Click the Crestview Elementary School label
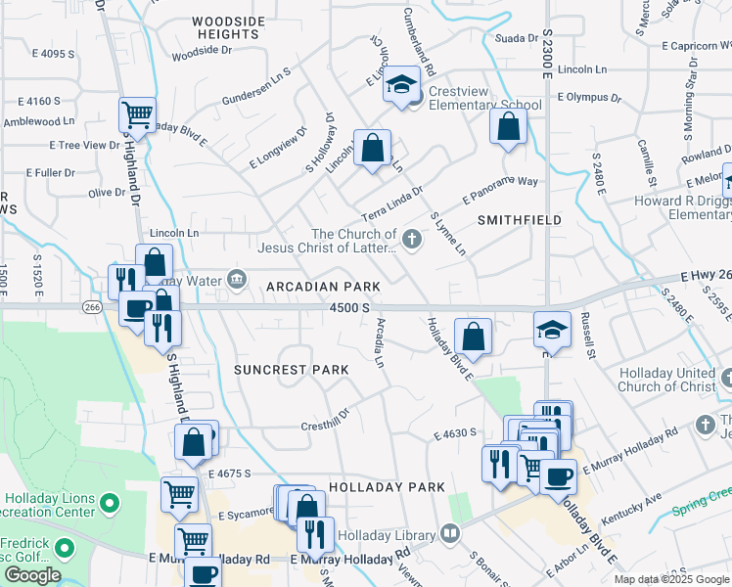pos(484,105)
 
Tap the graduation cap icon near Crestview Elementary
pos(401,85)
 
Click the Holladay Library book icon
pos(449,534)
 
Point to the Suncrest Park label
pos(291,370)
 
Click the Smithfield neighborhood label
pos(519,220)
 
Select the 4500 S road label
pos(349,307)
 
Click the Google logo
pos(32,574)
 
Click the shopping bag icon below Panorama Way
pos(508,127)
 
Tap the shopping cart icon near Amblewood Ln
pos(137,114)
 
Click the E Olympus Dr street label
pos(589,98)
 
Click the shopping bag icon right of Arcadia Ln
pos(473,338)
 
